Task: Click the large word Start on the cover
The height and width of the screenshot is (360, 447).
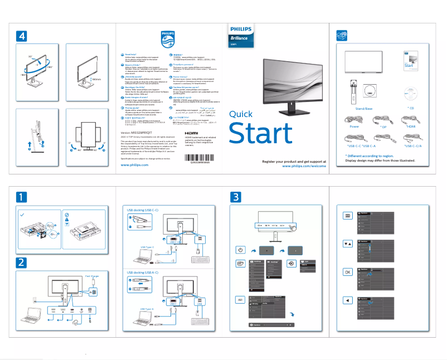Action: point(260,134)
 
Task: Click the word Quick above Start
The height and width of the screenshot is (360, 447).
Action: point(241,114)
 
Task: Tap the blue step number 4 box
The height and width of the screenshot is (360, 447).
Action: point(22,35)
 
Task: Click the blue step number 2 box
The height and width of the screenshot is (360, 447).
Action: point(21,262)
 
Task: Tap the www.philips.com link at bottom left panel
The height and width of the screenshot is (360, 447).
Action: point(134,165)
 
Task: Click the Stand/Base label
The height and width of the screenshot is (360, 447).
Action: point(364,108)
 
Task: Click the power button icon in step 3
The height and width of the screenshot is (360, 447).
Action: point(240,250)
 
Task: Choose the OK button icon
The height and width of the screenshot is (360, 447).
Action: point(348,271)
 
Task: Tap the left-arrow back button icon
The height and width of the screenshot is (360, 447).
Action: point(348,300)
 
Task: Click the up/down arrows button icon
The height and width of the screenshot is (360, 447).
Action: point(348,244)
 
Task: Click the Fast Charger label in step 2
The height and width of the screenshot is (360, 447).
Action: point(92,276)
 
